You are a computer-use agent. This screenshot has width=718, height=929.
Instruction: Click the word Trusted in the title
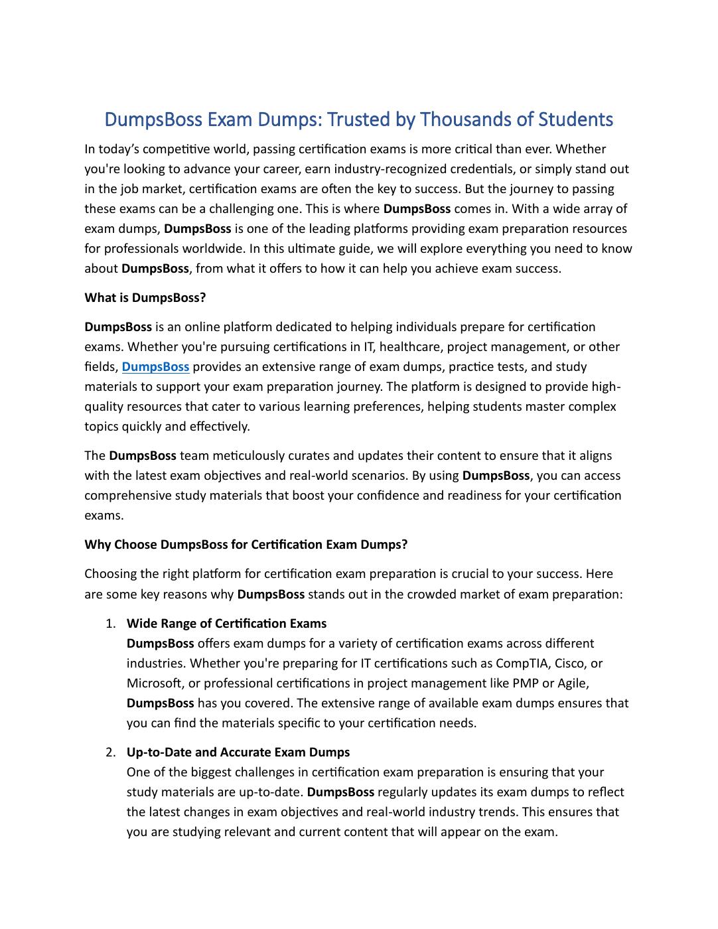359,119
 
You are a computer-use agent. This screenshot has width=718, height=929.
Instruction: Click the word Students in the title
575,119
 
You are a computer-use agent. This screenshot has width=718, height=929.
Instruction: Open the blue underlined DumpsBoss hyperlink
155,367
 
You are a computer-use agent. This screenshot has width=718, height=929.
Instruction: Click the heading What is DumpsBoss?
145,298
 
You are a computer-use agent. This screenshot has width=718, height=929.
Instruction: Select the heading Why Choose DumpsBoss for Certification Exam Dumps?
246,545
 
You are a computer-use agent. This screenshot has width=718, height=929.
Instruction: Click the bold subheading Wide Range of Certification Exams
226,624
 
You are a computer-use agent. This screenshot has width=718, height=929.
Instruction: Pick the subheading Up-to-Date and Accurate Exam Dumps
238,752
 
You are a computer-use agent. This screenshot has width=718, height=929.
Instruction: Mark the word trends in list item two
551,812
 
